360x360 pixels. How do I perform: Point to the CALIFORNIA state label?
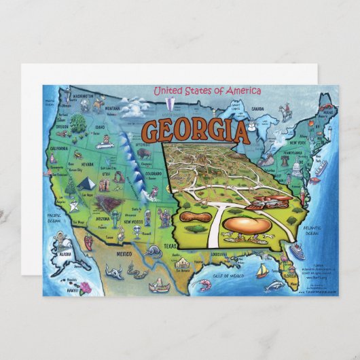point(59,148)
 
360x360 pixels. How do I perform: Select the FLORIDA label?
point(290,276)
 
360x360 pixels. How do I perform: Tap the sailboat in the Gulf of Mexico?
point(262,271)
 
